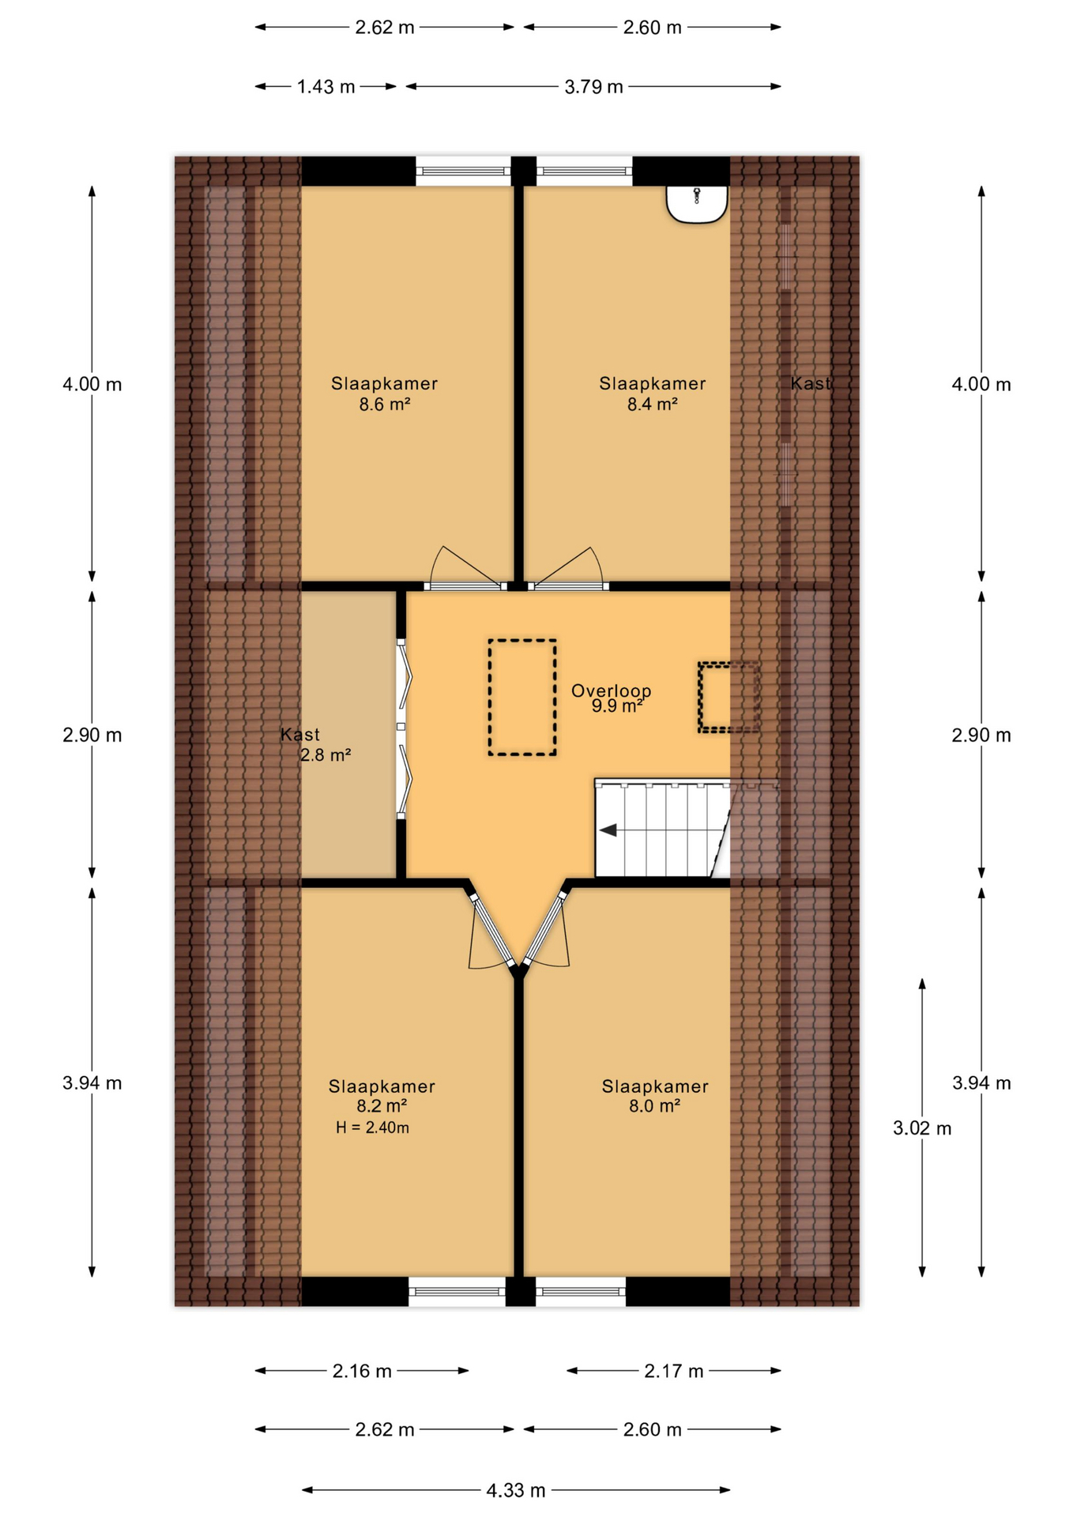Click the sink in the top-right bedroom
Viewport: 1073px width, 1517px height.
pyautogui.click(x=696, y=204)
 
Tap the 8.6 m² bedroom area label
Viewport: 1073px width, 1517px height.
pyautogui.click(x=385, y=405)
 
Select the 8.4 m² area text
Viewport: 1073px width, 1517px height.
pyautogui.click(x=653, y=405)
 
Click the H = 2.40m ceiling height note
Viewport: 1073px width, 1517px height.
pyautogui.click(x=372, y=1127)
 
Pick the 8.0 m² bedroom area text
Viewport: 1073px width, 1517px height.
pyautogui.click(x=655, y=1106)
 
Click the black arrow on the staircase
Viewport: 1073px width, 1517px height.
pyautogui.click(x=608, y=830)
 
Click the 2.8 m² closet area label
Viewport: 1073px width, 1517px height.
pyautogui.click(x=326, y=755)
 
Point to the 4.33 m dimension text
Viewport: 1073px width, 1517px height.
pyautogui.click(x=516, y=1490)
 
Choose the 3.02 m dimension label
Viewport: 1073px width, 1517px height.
pyautogui.click(x=922, y=1128)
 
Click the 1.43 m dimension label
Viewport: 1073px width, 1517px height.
pyautogui.click(x=326, y=87)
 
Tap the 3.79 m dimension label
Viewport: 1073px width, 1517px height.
pyautogui.click(x=593, y=87)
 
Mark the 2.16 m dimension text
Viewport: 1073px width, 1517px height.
pyautogui.click(x=362, y=1371)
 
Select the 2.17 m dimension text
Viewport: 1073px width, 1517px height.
pyautogui.click(x=673, y=1371)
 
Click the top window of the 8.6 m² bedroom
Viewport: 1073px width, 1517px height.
pyautogui.click(x=463, y=171)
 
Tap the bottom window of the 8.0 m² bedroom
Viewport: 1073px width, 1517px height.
pyautogui.click(x=581, y=1292)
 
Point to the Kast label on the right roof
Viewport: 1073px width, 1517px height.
pyautogui.click(x=811, y=384)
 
